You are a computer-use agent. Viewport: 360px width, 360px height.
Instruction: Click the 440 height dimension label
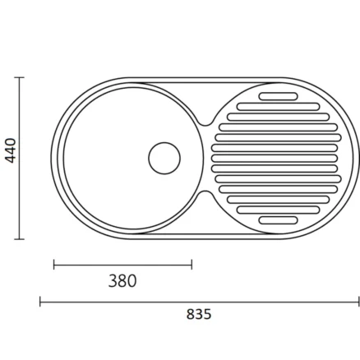click(x=11, y=150)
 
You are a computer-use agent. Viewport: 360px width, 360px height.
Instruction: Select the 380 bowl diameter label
click(x=122, y=281)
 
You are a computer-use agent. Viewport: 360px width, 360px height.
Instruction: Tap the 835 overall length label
click(x=199, y=314)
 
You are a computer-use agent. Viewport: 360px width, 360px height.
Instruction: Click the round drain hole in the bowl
click(x=164, y=158)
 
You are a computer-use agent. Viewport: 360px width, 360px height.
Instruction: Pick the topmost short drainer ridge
click(x=278, y=96)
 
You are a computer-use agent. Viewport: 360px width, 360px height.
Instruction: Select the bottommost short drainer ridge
click(x=278, y=220)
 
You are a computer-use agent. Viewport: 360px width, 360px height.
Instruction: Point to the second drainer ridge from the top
click(x=278, y=107)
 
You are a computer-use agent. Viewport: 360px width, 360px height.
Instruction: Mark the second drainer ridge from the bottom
click(x=278, y=210)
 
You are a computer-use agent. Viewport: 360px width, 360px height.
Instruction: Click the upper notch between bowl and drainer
click(x=205, y=122)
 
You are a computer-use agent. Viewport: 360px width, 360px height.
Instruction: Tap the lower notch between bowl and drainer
click(x=205, y=194)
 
